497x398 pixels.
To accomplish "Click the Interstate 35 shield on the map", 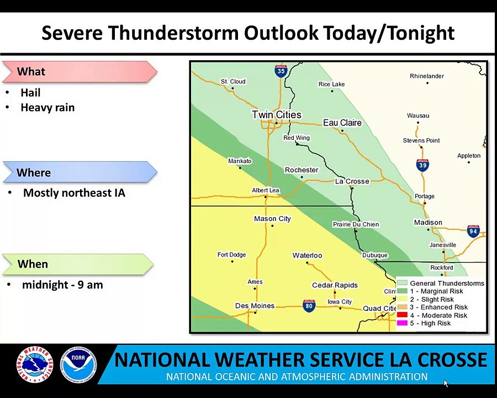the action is point(281,71).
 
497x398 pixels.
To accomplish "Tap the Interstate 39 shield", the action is point(423,165).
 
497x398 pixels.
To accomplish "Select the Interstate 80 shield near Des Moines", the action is point(309,306).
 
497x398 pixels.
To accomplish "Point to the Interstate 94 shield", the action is point(473,231).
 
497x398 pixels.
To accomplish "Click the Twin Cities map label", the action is point(277,114).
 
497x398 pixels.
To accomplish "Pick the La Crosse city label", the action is point(352,181).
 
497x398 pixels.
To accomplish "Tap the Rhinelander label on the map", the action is point(427,76).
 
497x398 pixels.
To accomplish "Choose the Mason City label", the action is point(272,219).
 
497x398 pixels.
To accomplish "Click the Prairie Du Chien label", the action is point(356,224).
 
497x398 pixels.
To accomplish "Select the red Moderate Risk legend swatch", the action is point(402,315).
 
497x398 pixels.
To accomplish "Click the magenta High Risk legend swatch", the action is point(402,323).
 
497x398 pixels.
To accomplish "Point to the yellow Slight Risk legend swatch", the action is point(402,299).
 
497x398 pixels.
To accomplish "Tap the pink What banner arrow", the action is point(80,72).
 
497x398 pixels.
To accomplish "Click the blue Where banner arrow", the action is point(80,172).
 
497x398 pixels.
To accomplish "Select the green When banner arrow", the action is point(78,264).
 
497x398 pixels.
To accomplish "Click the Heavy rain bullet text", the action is point(47,108).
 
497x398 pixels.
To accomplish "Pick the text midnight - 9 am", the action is point(62,285).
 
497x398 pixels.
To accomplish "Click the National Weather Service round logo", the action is point(35,364).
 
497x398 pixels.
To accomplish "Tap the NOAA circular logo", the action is point(78,364).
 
